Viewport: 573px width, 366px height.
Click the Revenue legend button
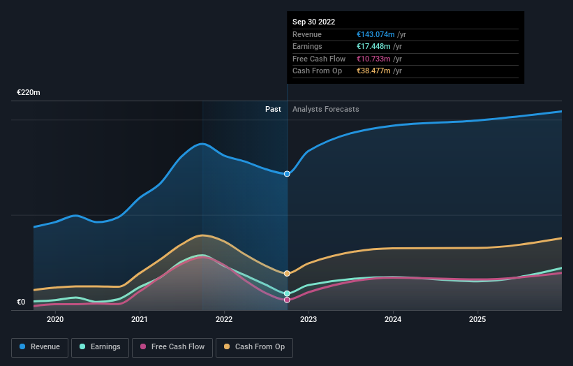coord(40,347)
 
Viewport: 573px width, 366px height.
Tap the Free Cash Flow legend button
coord(172,347)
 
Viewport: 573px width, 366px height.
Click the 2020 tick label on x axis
coord(55,320)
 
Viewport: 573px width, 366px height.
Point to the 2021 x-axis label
coord(140,320)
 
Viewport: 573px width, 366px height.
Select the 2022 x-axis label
coord(224,320)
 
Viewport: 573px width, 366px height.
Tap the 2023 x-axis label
coord(308,320)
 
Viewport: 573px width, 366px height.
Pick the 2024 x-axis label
coord(393,320)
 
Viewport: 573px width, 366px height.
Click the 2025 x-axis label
coord(477,320)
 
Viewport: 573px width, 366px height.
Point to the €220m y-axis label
coord(29,92)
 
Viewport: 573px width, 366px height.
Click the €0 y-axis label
coord(21,302)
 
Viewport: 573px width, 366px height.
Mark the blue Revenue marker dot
coord(287,174)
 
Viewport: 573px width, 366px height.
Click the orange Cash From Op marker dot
coord(287,273)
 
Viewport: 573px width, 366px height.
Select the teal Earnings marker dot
coord(287,293)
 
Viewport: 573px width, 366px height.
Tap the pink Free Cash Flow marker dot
coord(287,300)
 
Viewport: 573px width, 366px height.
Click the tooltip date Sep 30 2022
coord(313,22)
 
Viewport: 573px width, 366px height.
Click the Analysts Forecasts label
coord(325,110)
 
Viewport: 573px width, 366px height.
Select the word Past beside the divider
coord(273,110)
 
